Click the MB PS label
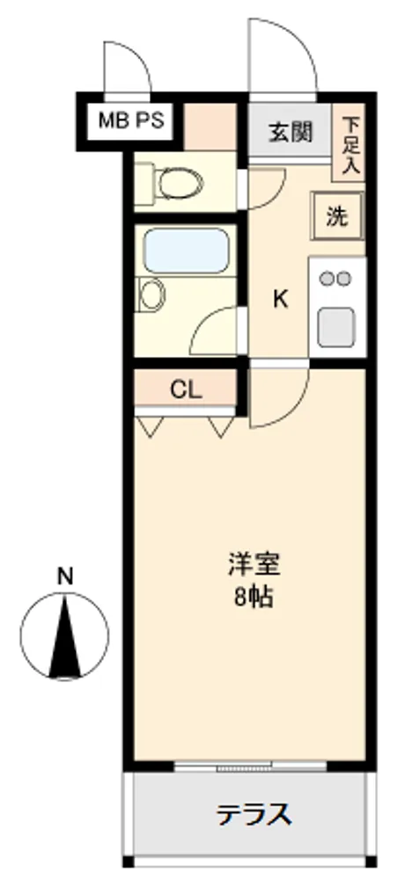pyautogui.click(x=131, y=120)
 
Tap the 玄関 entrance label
pyautogui.click(x=291, y=132)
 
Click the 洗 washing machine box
pyautogui.click(x=337, y=216)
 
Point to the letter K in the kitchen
pyautogui.click(x=280, y=300)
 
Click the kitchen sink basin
pyautogui.click(x=336, y=327)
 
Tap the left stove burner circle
pyautogui.click(x=326, y=278)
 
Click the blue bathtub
pyautogui.click(x=186, y=251)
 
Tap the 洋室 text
pyautogui.click(x=254, y=564)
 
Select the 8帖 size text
pyautogui.click(x=254, y=598)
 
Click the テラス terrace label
pyautogui.click(x=254, y=815)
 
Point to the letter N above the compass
pyautogui.click(x=66, y=577)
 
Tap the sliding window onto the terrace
pyautogui.click(x=250, y=766)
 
